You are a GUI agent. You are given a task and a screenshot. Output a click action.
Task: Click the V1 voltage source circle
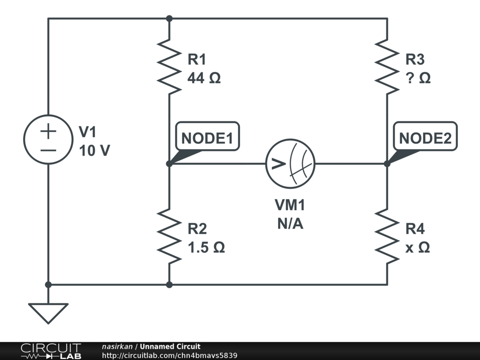pyautogui.click(x=48, y=139)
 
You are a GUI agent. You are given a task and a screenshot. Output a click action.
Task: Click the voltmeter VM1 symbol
pyautogui.click(x=290, y=164)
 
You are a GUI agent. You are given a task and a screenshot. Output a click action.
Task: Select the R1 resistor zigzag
pyautogui.click(x=169, y=66)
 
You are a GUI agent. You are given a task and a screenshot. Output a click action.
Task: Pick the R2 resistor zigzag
pyautogui.click(x=169, y=236)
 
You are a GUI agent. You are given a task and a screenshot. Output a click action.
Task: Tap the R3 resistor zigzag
pyautogui.click(x=387, y=66)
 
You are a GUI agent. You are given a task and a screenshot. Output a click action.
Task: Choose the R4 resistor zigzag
pyautogui.click(x=387, y=236)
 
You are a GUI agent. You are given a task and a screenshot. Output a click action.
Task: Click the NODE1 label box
pyautogui.click(x=207, y=138)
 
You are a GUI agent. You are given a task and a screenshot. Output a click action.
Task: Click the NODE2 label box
pyautogui.click(x=425, y=138)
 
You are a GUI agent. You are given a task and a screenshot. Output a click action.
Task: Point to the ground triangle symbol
pyautogui.click(x=48, y=312)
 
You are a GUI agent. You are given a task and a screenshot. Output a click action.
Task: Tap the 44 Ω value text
pyautogui.click(x=204, y=78)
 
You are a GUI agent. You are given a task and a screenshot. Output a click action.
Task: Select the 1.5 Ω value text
pyautogui.click(x=206, y=247)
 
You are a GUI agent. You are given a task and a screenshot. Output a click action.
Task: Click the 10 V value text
pyautogui.click(x=94, y=151)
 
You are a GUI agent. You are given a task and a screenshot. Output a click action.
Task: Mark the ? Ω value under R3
pyautogui.click(x=418, y=78)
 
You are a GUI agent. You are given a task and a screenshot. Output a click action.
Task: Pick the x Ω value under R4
pyautogui.click(x=418, y=247)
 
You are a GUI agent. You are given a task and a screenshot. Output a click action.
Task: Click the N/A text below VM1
pyautogui.click(x=290, y=224)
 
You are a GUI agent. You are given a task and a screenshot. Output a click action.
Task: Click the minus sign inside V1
pyautogui.click(x=48, y=150)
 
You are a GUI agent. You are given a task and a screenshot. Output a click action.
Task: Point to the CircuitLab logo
pyautogui.click(x=51, y=351)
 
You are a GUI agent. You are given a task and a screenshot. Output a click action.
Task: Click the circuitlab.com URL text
pyautogui.click(x=169, y=355)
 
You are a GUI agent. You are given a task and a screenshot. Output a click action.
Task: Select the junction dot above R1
pyautogui.click(x=169, y=19)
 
